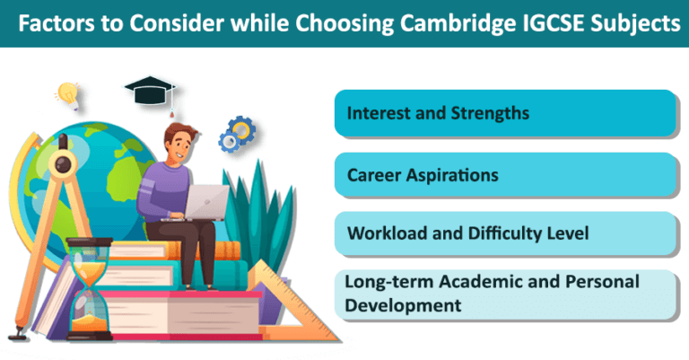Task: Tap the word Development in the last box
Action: click(404, 305)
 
